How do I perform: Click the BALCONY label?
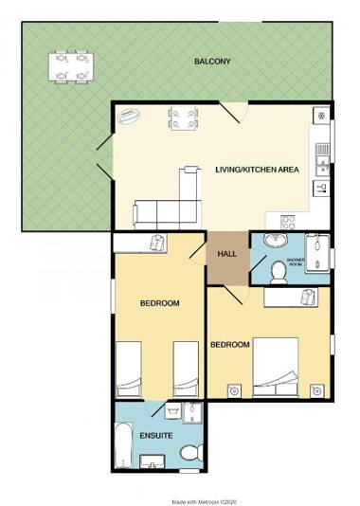(212, 62)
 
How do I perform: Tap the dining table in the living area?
(182, 118)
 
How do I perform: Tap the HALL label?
(227, 254)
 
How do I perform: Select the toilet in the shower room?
(279, 272)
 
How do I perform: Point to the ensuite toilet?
(189, 450)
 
